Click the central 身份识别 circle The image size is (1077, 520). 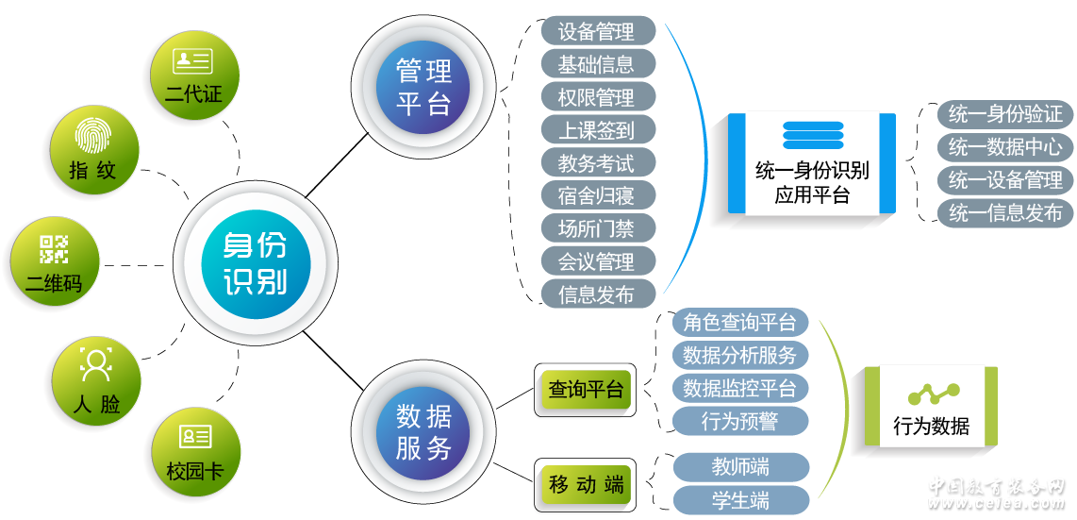click(x=256, y=263)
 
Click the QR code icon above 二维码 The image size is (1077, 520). click(x=54, y=248)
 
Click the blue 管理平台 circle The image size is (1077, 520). click(x=423, y=86)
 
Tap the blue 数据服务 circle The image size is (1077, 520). click(x=423, y=431)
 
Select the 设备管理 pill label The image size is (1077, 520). click(x=597, y=31)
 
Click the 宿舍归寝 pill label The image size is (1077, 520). click(x=597, y=195)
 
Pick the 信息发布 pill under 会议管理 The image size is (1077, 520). click(x=597, y=294)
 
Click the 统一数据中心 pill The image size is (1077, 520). click(x=1005, y=147)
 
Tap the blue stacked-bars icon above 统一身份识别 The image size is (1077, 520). click(x=812, y=135)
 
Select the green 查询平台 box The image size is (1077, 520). click(x=586, y=388)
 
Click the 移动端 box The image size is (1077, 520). click(x=586, y=485)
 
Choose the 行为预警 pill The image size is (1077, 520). click(x=740, y=420)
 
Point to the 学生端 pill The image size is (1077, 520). click(x=740, y=499)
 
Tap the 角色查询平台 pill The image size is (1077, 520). click(x=740, y=322)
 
